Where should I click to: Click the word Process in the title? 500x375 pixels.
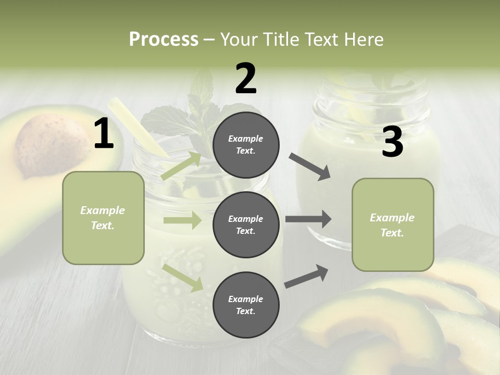[x=164, y=40]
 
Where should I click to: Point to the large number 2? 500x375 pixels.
[x=246, y=79]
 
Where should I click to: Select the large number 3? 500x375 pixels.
[x=392, y=142]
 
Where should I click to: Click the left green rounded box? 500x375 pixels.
[x=103, y=218]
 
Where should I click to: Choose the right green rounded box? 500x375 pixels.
[x=393, y=225]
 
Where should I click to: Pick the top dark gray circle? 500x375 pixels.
[x=246, y=145]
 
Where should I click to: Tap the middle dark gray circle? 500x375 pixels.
[x=246, y=224]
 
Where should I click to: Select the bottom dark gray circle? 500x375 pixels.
[x=246, y=305]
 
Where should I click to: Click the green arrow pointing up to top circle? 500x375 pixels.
[x=181, y=166]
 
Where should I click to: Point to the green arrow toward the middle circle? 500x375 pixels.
[x=182, y=220]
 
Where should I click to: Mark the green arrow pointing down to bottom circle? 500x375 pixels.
[x=183, y=277]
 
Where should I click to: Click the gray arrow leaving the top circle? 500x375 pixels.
[x=309, y=167]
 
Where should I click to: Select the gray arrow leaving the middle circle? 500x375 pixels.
[x=308, y=219]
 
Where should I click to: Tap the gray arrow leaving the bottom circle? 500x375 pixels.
[x=306, y=277]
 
